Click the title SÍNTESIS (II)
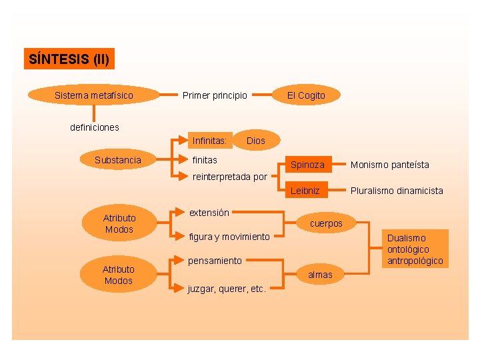point(69,59)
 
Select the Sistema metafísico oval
point(93,95)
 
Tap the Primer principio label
point(215,95)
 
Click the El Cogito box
point(306,95)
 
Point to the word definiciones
point(95,127)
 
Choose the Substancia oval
point(118,160)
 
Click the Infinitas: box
point(210,141)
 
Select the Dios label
point(255,141)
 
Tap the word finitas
point(205,160)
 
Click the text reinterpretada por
point(229,177)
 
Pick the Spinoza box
point(307,165)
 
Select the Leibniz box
point(305,191)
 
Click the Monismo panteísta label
point(390,165)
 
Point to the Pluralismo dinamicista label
point(397,191)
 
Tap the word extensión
point(209,213)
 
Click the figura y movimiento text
point(229,237)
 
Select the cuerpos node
point(326,223)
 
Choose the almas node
point(320,275)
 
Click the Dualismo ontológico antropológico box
point(415,249)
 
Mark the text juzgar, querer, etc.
point(227,289)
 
